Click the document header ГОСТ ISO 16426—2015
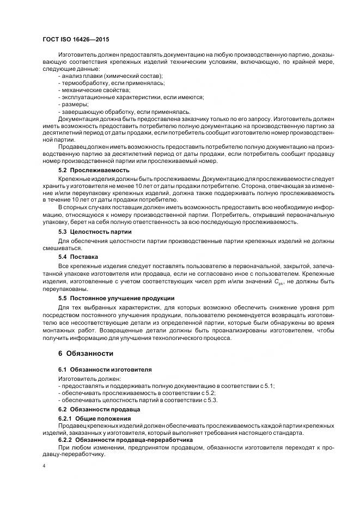75,40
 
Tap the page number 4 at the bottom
44,466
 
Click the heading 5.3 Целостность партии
95,232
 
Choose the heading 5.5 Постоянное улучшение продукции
116,298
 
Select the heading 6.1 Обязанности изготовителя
105,369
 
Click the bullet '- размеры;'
73,104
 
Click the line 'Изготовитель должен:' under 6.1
90,378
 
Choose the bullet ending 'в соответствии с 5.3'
130,400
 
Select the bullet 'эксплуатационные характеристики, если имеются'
131,97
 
